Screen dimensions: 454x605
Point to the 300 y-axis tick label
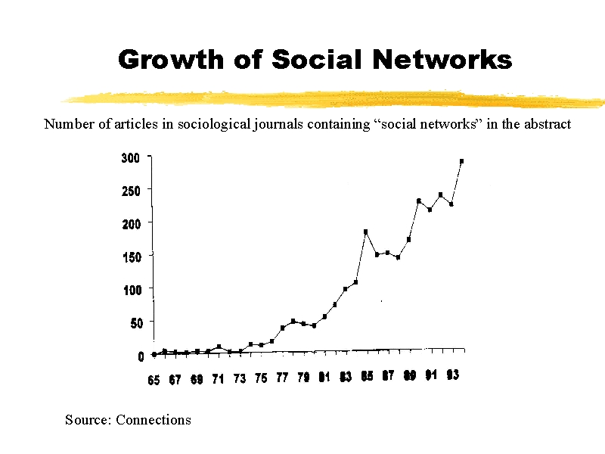pos(131,158)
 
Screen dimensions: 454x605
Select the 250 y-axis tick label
pos(131,191)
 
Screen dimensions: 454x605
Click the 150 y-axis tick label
pos(131,257)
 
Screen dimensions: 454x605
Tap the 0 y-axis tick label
pos(141,356)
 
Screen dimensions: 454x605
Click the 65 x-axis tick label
pos(154,380)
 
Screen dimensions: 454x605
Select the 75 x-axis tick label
pos(261,379)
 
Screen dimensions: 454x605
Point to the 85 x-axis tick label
pos(367,376)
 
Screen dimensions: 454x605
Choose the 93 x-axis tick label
pos(452,375)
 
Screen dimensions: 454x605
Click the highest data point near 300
pos(461,161)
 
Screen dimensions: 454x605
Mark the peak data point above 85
pos(365,232)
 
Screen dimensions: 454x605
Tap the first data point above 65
pos(154,354)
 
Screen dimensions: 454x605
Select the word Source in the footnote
pos(88,419)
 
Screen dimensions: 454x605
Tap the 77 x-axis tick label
pos(282,378)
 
